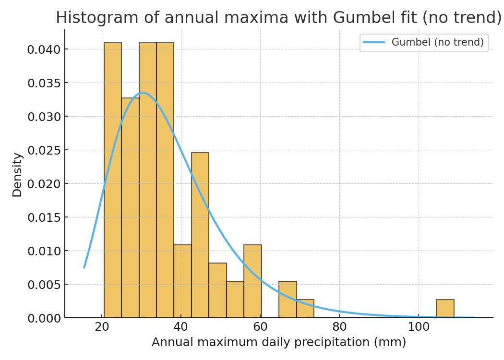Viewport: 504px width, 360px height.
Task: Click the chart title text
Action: coord(278,18)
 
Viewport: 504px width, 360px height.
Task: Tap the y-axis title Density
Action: coord(17,175)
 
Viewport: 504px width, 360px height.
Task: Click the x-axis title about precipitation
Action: coord(278,342)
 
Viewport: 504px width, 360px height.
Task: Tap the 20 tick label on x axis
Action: coord(102,327)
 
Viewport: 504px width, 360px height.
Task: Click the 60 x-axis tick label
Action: coord(260,327)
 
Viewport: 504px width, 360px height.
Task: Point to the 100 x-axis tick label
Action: coord(419,327)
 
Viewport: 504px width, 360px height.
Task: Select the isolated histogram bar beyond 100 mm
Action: coord(445,309)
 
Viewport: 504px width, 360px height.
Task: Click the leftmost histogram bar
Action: coord(113,182)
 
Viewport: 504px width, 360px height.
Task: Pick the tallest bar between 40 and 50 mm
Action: coord(200,235)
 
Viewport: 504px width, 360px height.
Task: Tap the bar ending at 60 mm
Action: coord(252,281)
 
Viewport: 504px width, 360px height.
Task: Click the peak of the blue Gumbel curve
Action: coord(142,93)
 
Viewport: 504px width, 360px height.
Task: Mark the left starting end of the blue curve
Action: coord(84,267)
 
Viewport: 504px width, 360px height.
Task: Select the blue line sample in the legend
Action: coord(374,42)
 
